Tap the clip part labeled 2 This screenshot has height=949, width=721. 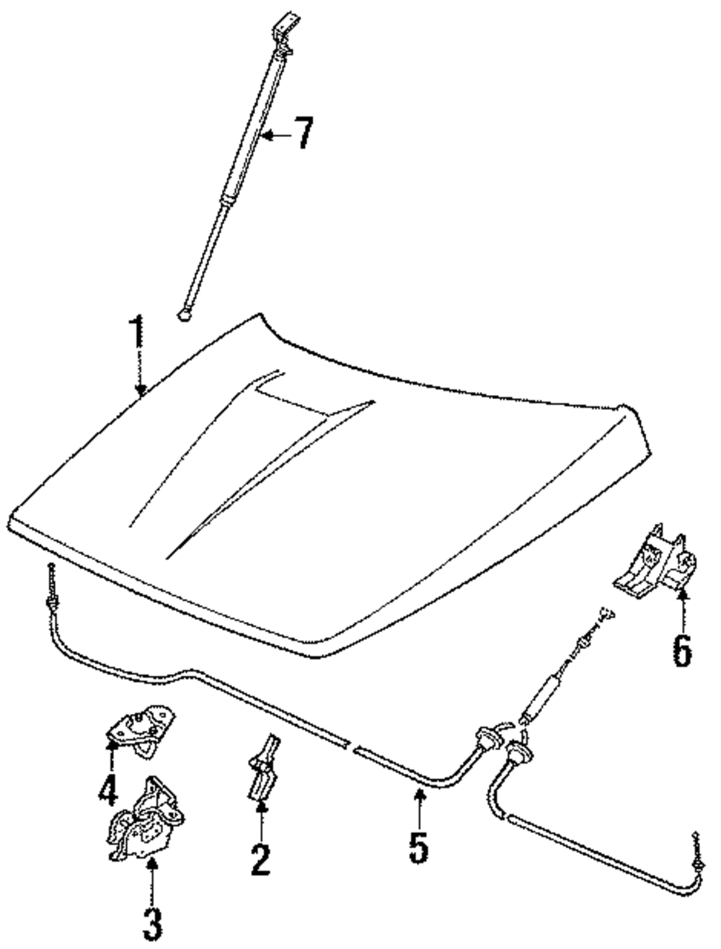[263, 767]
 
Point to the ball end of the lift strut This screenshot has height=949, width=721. [185, 314]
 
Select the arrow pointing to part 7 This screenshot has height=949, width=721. [274, 133]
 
